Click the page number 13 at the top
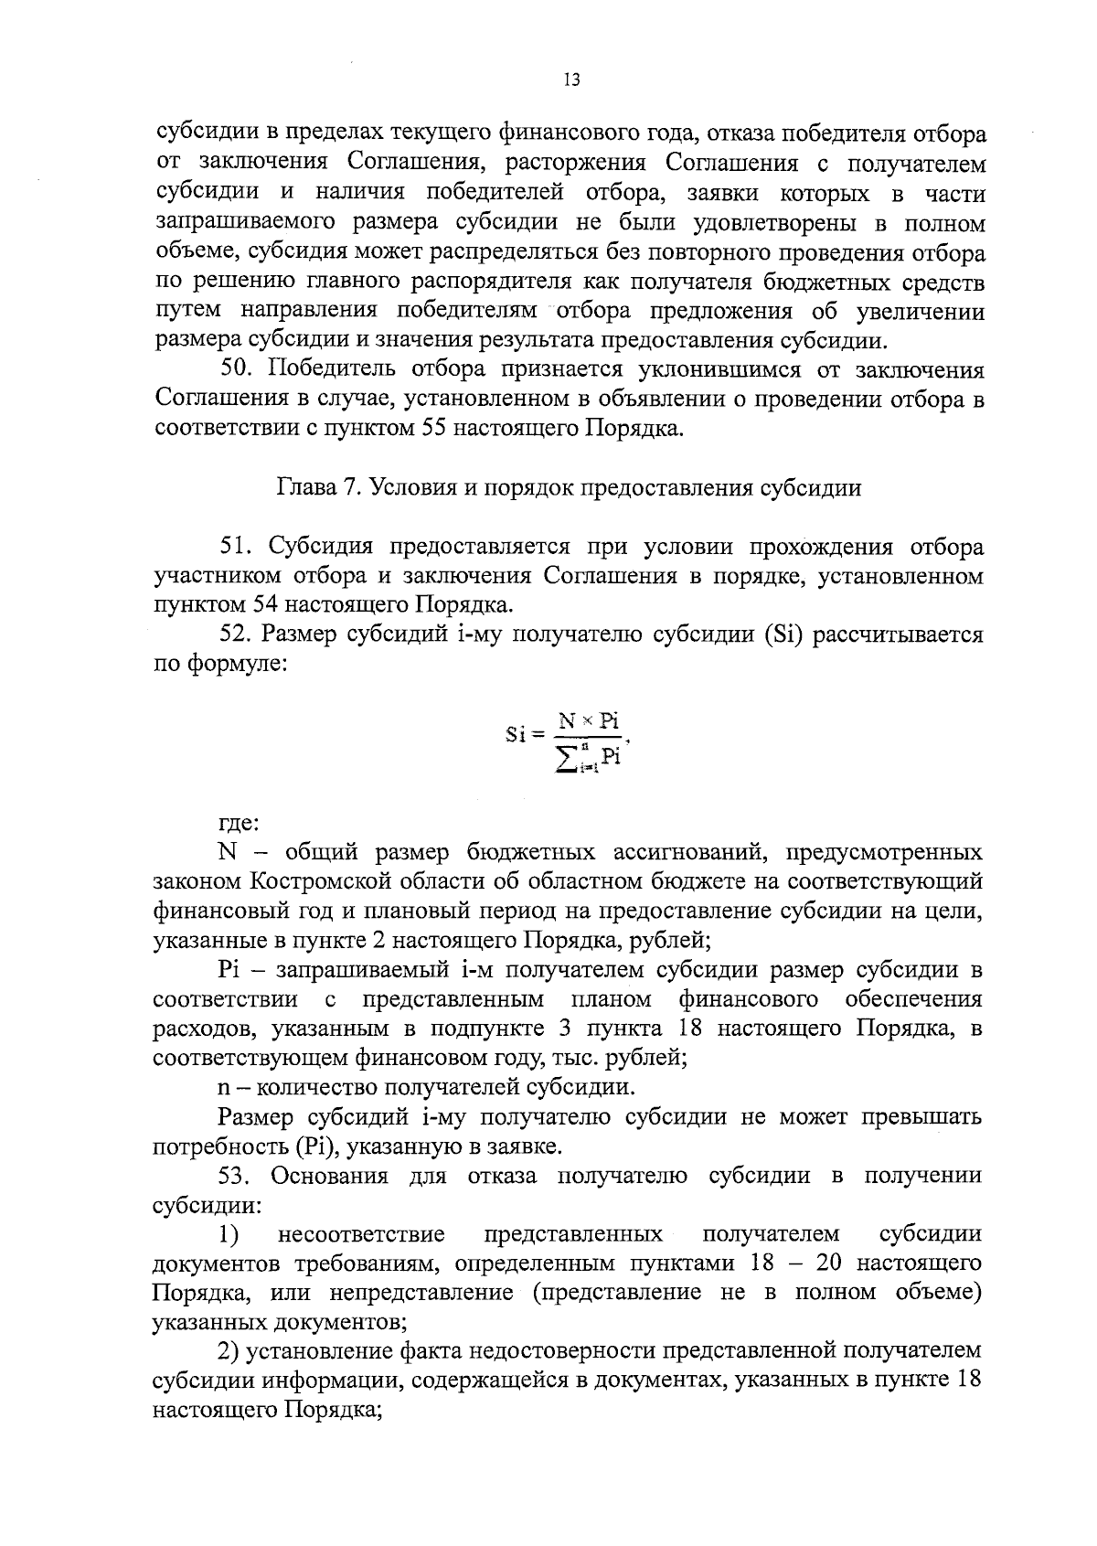click(x=572, y=80)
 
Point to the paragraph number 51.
click(x=237, y=547)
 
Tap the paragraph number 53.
click(x=238, y=1175)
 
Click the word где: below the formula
click(x=240, y=822)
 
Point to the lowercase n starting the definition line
click(x=223, y=1088)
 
